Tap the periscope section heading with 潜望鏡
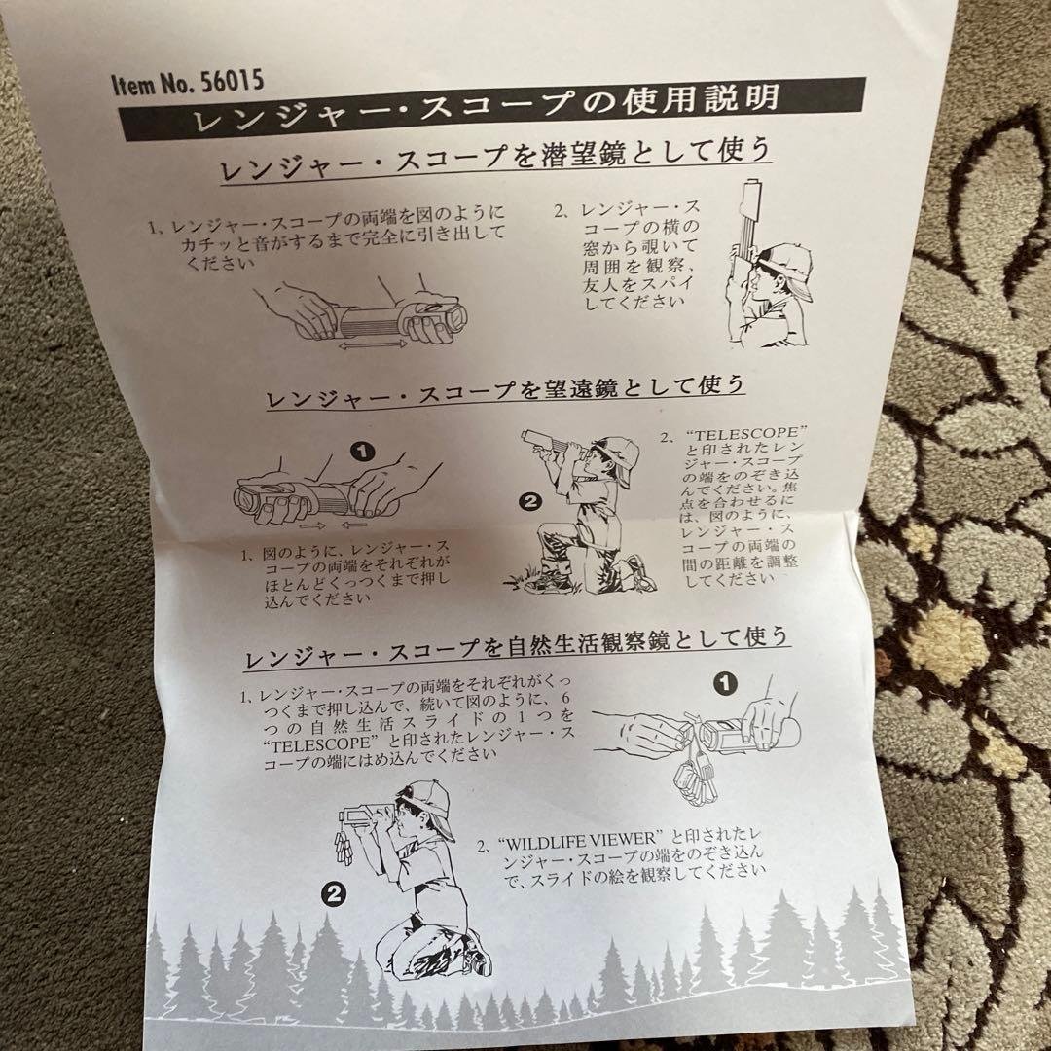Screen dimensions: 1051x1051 point(494,159)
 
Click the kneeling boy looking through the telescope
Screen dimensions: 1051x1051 point(584,511)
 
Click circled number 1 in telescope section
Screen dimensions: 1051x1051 point(362,451)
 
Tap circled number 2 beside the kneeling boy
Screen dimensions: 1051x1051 point(529,502)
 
